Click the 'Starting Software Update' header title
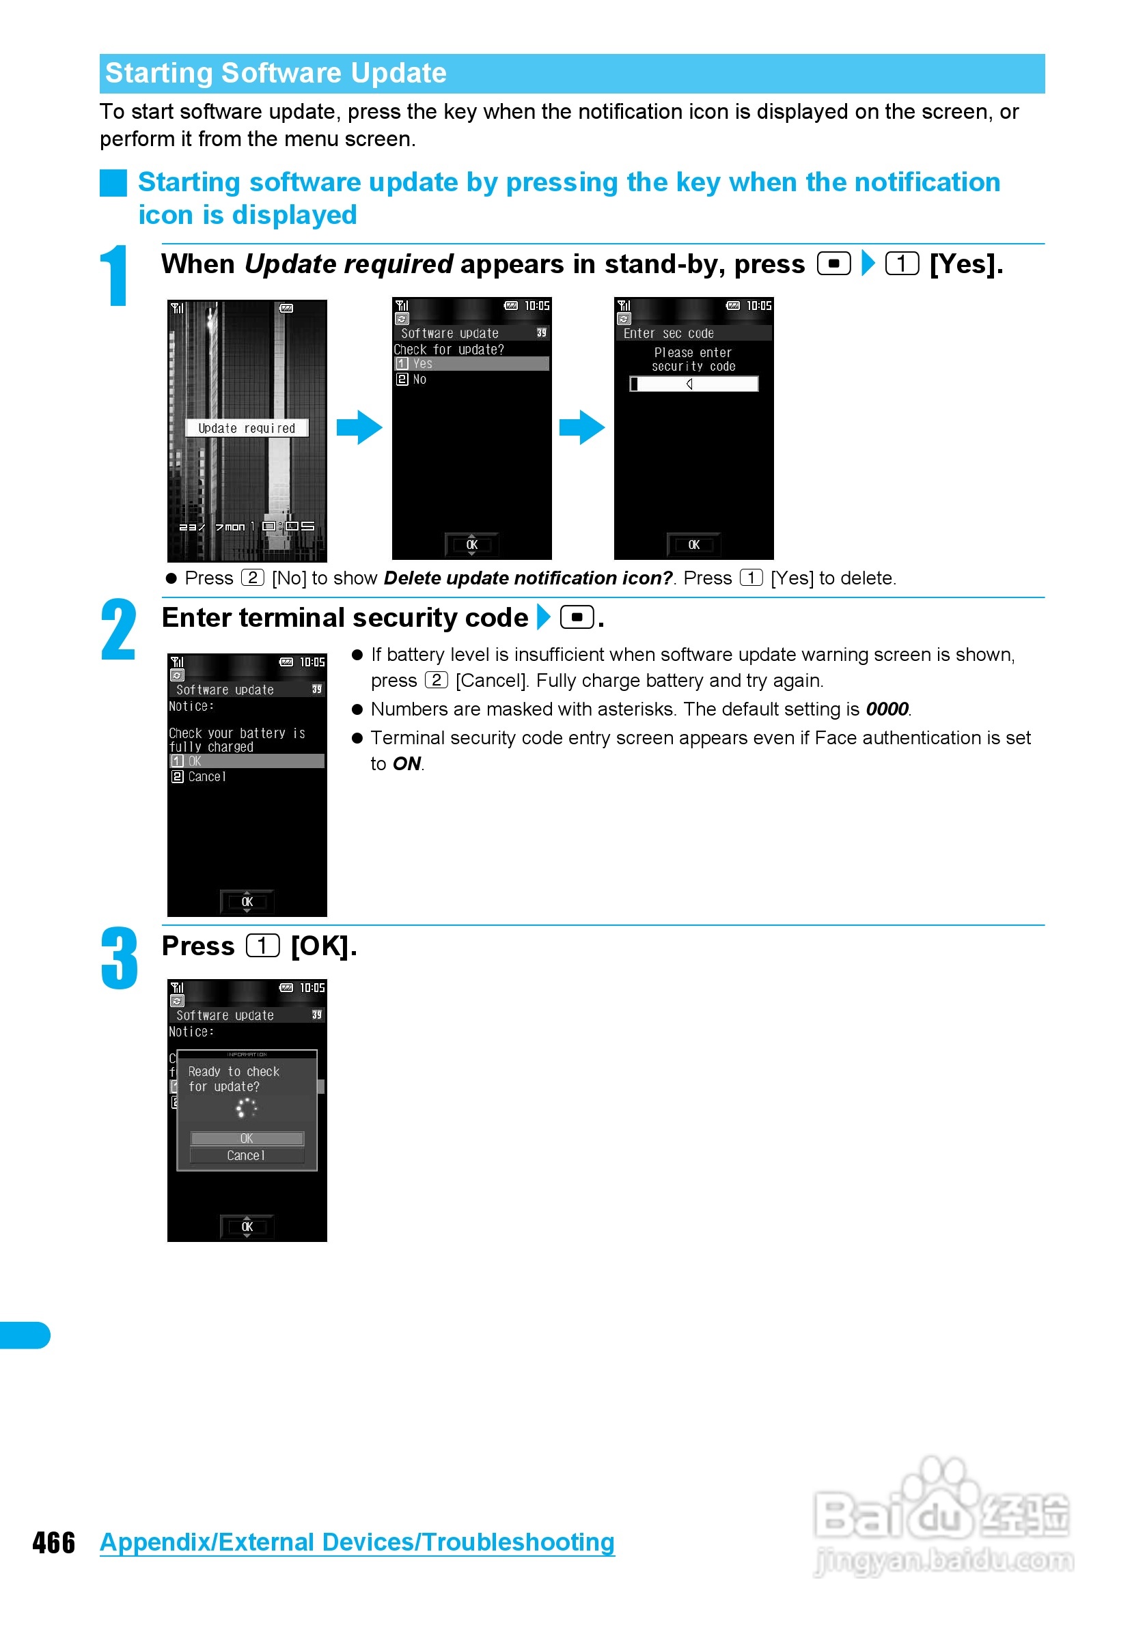click(275, 74)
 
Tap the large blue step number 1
click(115, 276)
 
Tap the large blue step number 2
click(118, 630)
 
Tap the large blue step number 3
click(119, 959)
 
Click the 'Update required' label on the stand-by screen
click(247, 428)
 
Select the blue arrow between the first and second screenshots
click(359, 427)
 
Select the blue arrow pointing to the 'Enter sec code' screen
click(581, 427)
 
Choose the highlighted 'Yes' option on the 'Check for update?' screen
click(471, 364)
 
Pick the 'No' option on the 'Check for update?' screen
click(419, 380)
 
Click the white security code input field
click(694, 384)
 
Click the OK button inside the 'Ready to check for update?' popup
click(247, 1139)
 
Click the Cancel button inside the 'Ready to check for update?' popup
click(247, 1156)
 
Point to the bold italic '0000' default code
click(887, 709)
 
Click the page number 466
click(54, 1543)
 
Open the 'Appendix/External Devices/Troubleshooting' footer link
click(357, 1543)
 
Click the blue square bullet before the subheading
click(113, 183)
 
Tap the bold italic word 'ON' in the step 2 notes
click(406, 763)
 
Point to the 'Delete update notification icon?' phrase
click(527, 578)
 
